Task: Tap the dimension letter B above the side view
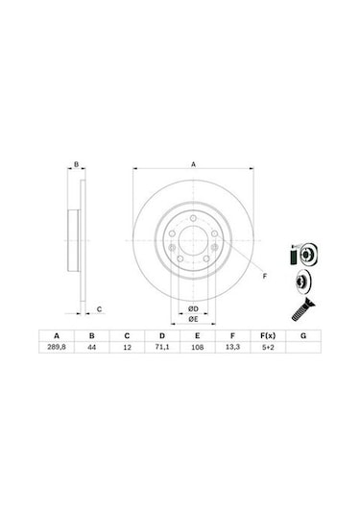click(x=77, y=164)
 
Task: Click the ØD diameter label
click(x=192, y=306)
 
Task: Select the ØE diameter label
click(x=192, y=318)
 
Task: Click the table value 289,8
click(x=57, y=351)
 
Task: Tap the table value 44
click(x=92, y=351)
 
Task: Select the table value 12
click(x=127, y=351)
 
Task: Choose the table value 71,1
click(x=161, y=351)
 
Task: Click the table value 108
click(x=197, y=351)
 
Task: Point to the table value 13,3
click(x=231, y=351)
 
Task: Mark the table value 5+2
click(x=267, y=351)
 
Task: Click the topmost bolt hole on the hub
click(x=192, y=226)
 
